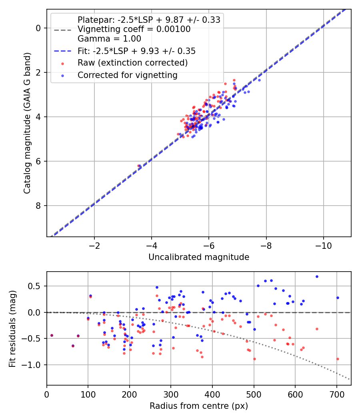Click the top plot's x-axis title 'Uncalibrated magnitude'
click(x=199, y=257)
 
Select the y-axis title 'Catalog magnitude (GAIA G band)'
click(x=27, y=123)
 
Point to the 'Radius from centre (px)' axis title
click(x=199, y=406)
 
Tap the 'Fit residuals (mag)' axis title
click(x=12, y=329)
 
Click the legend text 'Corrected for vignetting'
click(x=128, y=75)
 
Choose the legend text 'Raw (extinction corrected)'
click(x=132, y=63)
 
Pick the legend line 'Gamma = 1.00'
click(x=109, y=38)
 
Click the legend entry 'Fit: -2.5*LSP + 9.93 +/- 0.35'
click(x=137, y=51)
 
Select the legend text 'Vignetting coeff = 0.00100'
click(x=134, y=29)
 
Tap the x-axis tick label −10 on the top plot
click(x=323, y=246)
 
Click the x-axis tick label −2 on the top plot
click(x=94, y=246)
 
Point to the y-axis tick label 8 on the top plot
click(x=38, y=206)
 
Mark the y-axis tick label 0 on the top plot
click(x=38, y=28)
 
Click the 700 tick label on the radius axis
click(x=337, y=394)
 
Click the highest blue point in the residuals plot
click(x=317, y=277)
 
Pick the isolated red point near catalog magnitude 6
click(x=138, y=166)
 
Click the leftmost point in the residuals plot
click(x=52, y=335)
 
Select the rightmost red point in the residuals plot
click(x=338, y=359)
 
